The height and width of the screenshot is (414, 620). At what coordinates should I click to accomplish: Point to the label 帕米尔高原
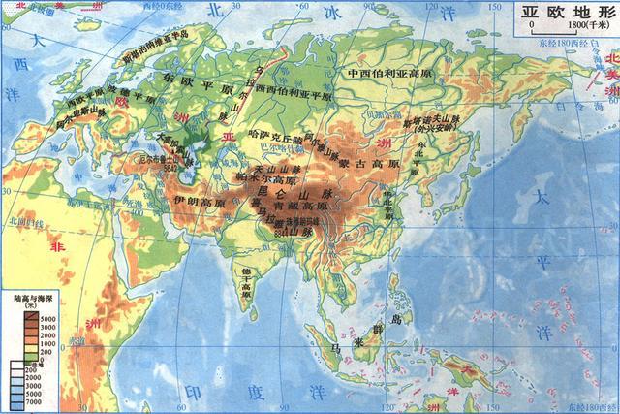coord(262,178)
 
